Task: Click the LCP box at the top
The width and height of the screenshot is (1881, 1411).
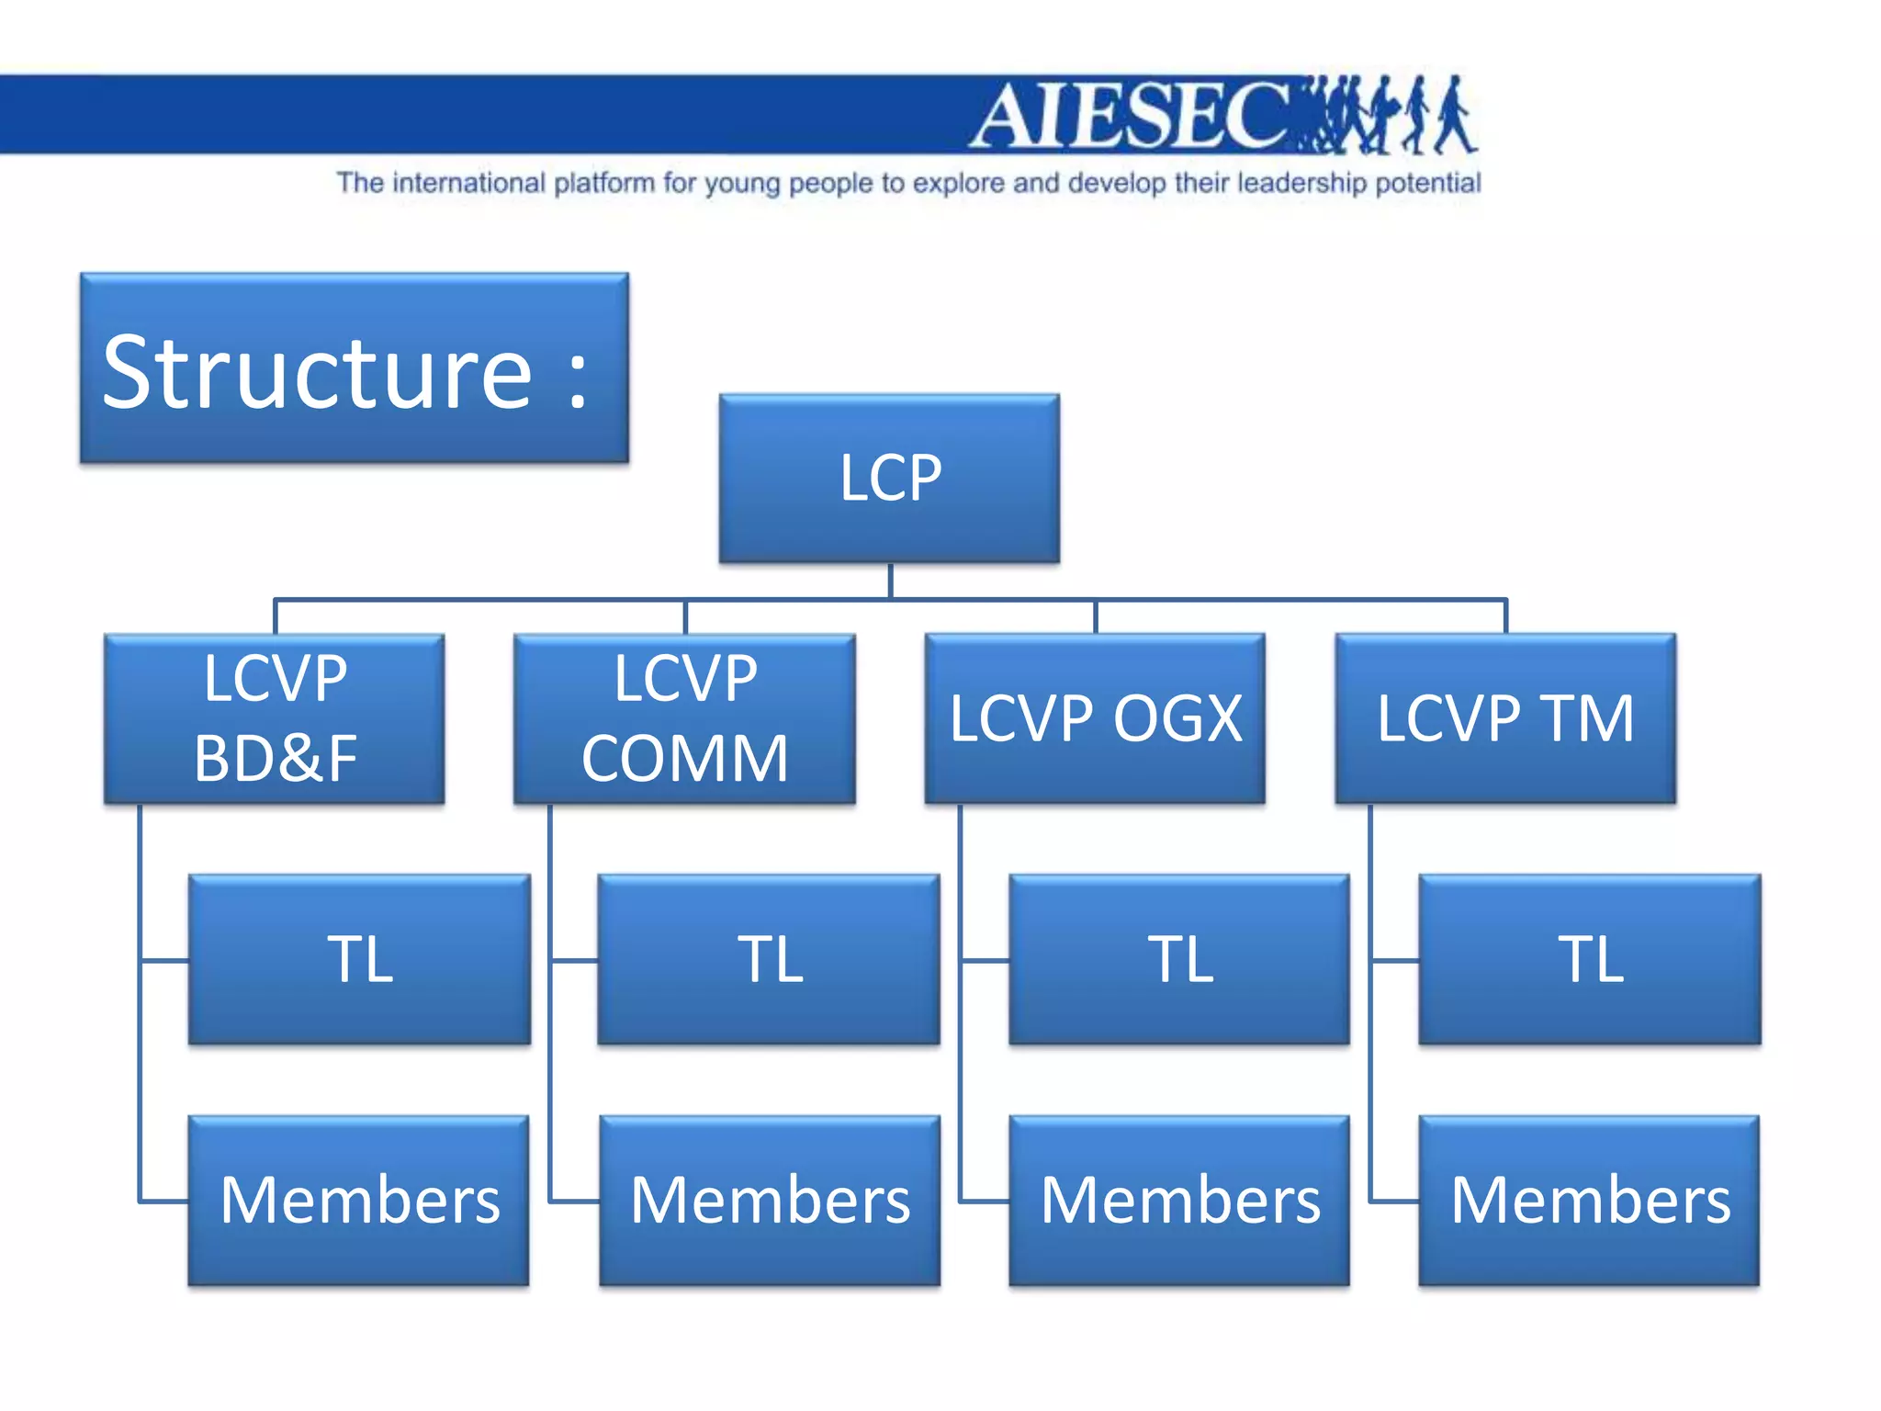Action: tap(889, 478)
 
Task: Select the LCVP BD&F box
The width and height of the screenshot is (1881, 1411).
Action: tap(275, 718)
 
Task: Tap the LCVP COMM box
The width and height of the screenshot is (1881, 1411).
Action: tap(684, 718)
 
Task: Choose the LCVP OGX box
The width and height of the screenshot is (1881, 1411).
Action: tap(1095, 718)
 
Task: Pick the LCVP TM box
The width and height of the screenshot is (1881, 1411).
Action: tap(1505, 718)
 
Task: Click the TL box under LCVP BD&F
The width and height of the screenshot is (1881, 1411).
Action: tap(359, 959)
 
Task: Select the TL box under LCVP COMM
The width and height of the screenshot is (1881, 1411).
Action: tap(769, 959)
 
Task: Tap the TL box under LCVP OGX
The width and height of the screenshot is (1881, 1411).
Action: tap(1179, 959)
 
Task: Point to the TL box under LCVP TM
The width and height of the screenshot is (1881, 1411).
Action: tap(1590, 959)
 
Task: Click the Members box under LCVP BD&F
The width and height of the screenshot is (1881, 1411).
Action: tap(359, 1200)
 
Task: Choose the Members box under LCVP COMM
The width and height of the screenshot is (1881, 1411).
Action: tap(770, 1200)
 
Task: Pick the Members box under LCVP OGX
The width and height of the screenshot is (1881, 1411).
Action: tap(1179, 1200)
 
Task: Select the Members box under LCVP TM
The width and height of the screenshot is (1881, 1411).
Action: tap(1590, 1200)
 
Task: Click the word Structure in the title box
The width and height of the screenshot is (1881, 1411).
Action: tap(317, 372)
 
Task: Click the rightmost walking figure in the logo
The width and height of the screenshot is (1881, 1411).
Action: tap(1454, 116)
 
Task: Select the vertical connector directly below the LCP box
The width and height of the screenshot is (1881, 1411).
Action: tap(890, 581)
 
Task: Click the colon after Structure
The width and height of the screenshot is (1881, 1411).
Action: tap(578, 378)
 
